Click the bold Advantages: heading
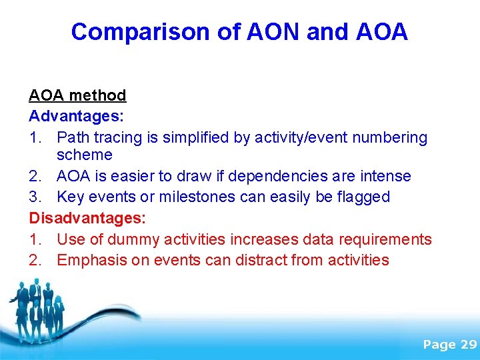(76, 116)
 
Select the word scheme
(85, 155)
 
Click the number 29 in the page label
(469, 344)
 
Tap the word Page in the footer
(439, 344)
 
